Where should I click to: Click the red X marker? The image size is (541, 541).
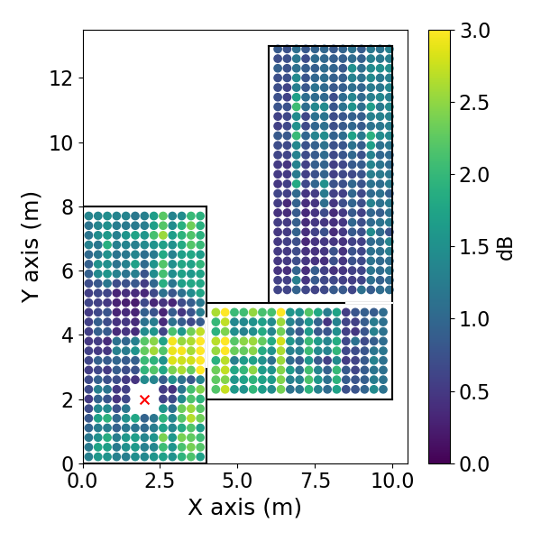[144, 399]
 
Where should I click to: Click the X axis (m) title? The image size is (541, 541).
[244, 508]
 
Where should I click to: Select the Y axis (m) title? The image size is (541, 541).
[31, 246]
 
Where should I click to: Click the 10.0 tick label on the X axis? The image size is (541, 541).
[392, 480]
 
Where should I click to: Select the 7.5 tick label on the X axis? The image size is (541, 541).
[315, 480]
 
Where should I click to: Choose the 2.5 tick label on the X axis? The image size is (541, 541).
[160, 480]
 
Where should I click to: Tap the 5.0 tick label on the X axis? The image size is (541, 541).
[238, 480]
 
